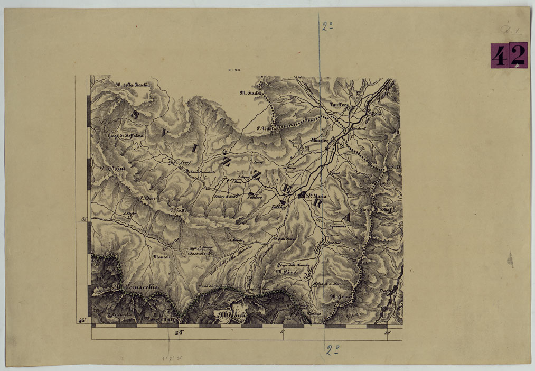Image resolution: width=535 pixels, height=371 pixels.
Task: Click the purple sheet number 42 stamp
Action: [509, 55]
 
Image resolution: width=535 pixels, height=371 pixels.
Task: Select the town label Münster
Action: [320, 141]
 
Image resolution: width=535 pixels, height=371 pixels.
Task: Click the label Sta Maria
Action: [317, 196]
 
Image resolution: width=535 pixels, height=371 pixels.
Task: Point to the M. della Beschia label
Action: [133, 85]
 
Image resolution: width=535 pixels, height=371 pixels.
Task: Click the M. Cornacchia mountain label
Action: [135, 288]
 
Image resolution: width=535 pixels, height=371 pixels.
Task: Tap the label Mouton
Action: [161, 257]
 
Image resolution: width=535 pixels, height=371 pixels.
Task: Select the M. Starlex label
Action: [251, 94]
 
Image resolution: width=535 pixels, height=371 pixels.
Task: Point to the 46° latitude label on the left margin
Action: [82, 320]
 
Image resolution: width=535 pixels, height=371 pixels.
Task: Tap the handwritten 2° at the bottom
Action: [332, 349]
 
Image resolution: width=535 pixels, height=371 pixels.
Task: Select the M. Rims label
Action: [286, 271]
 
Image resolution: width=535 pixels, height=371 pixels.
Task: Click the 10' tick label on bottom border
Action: [388, 332]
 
